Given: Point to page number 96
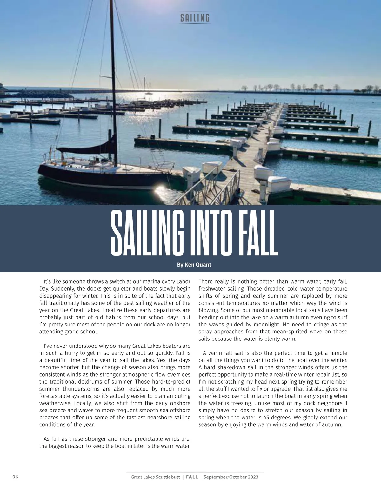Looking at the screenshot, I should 15,477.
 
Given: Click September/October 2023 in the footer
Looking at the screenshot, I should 231,477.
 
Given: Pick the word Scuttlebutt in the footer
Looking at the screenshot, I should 168,477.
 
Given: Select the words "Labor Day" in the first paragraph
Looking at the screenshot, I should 181,282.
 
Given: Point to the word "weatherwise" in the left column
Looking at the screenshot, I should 55,403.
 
